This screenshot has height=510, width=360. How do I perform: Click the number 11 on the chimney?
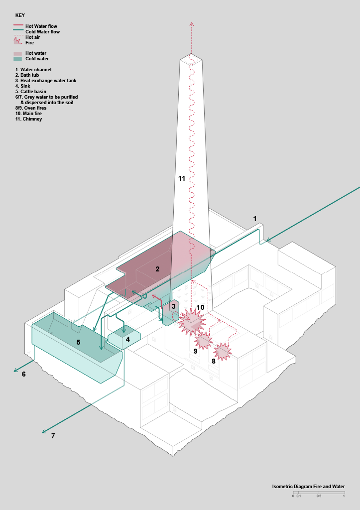(x=181, y=178)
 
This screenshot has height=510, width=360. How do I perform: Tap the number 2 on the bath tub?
(x=157, y=269)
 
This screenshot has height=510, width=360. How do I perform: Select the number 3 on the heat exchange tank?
(x=173, y=306)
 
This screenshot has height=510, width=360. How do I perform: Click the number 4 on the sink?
(x=128, y=339)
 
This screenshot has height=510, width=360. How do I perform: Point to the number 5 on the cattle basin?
(x=78, y=342)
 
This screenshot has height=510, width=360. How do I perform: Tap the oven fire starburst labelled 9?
(x=204, y=341)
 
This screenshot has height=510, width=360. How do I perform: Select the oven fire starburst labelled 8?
(x=223, y=352)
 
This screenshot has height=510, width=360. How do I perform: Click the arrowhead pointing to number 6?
(x=15, y=370)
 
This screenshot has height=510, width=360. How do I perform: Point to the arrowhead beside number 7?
(x=44, y=432)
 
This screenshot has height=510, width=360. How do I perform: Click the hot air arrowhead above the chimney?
(x=192, y=24)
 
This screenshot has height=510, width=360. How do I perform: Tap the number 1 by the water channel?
(x=255, y=219)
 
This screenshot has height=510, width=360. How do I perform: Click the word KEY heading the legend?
(x=20, y=15)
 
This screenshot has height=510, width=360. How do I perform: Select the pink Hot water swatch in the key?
(x=17, y=53)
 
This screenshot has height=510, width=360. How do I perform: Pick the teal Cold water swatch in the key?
(x=17, y=59)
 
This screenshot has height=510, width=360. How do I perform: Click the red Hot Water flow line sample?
(x=18, y=25)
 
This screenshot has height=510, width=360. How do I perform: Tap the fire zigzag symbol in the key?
(x=17, y=41)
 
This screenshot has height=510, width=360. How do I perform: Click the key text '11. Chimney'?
(x=28, y=119)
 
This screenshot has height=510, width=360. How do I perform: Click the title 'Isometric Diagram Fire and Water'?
(x=308, y=487)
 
